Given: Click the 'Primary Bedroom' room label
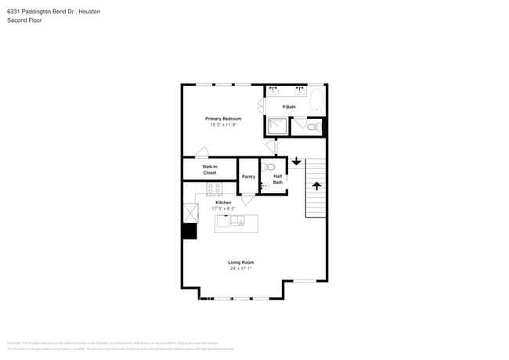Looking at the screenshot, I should pyautogui.click(x=223, y=118).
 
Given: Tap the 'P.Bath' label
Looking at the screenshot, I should pyautogui.click(x=289, y=107).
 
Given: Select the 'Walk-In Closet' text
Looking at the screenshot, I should pyautogui.click(x=210, y=169).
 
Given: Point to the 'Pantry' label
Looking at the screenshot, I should pyautogui.click(x=248, y=177).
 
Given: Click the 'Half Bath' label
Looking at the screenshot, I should pyautogui.click(x=278, y=179).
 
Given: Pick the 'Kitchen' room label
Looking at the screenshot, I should pyautogui.click(x=223, y=202).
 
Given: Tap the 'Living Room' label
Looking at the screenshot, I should pyautogui.click(x=240, y=262).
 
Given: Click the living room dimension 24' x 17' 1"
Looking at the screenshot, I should pyautogui.click(x=240, y=268).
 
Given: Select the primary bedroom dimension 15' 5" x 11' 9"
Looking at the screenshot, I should pyautogui.click(x=223, y=124).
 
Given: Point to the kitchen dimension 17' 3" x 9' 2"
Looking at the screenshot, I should pyautogui.click(x=223, y=208).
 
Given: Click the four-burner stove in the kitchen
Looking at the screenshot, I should pyautogui.click(x=215, y=189).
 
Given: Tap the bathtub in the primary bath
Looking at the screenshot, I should pyautogui.click(x=317, y=101).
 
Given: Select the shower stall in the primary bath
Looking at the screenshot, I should pyautogui.click(x=276, y=126).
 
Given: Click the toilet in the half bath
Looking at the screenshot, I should pyautogui.click(x=270, y=167).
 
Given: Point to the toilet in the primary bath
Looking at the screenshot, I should pyautogui.click(x=312, y=127).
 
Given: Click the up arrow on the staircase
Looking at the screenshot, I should pyautogui.click(x=316, y=185).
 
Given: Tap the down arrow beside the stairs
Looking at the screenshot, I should pyautogui.click(x=296, y=162).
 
